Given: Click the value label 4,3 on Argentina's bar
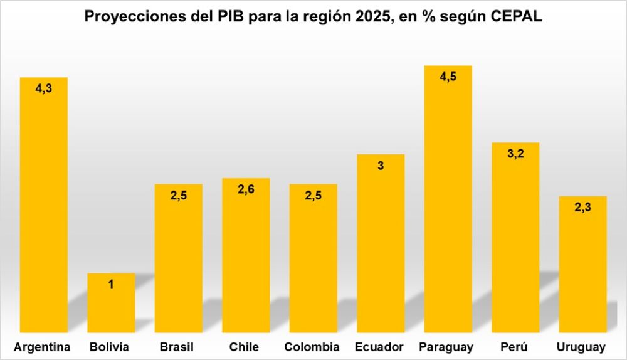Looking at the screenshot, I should point(43,89).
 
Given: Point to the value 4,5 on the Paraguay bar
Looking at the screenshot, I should point(448,77).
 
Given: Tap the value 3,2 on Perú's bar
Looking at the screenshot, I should point(515,154).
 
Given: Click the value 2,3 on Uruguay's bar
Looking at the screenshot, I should point(582,208).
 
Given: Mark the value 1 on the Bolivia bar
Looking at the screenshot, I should point(111,285).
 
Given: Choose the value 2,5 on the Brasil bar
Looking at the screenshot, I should point(178,196).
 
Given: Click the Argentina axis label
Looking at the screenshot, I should point(42,347).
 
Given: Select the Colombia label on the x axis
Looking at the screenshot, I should point(312,347).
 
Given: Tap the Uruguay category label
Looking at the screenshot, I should point(581,347).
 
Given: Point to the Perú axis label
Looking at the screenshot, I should point(515,347).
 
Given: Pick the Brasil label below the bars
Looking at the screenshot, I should point(177,347).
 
